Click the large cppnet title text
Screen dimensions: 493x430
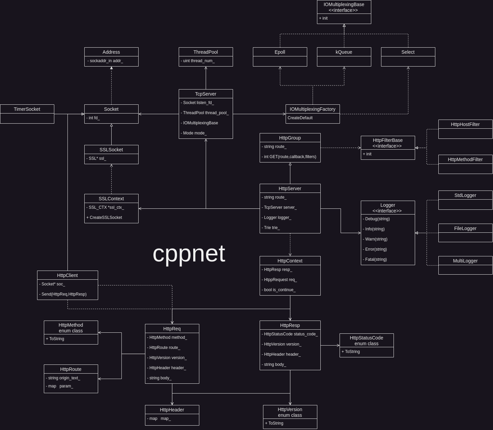[189, 253]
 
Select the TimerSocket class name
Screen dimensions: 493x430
[27, 109]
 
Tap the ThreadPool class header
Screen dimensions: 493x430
[206, 52]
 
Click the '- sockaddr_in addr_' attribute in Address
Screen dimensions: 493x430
[105, 61]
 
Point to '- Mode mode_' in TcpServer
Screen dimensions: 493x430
[194, 133]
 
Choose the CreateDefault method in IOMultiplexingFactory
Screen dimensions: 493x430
[300, 118]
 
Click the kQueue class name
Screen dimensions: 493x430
[344, 52]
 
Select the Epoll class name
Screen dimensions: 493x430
[280, 52]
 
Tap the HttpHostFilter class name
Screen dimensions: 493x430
[465, 124]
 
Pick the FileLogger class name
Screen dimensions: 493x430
[465, 228]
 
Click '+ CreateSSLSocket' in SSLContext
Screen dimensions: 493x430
[104, 218]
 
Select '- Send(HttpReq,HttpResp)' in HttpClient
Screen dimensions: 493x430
[63, 294]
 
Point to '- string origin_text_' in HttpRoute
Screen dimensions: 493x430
[63, 378]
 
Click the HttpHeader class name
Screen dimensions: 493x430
[172, 410]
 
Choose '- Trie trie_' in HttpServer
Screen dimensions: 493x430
[271, 228]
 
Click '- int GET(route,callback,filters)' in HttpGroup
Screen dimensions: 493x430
[289, 157]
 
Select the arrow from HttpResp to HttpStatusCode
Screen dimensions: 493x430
[330, 345]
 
